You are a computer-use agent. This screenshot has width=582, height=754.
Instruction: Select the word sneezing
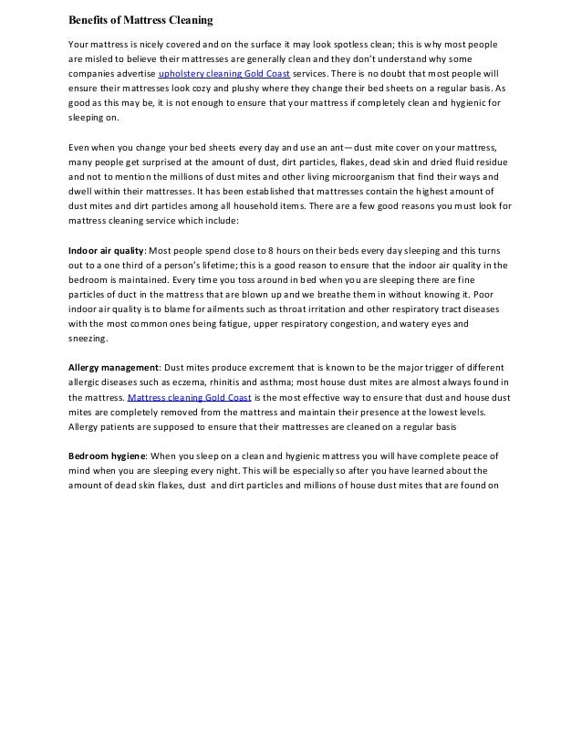pyautogui.click(x=88, y=338)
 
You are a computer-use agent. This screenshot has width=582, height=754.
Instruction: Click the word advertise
pyautogui.click(x=132, y=75)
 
